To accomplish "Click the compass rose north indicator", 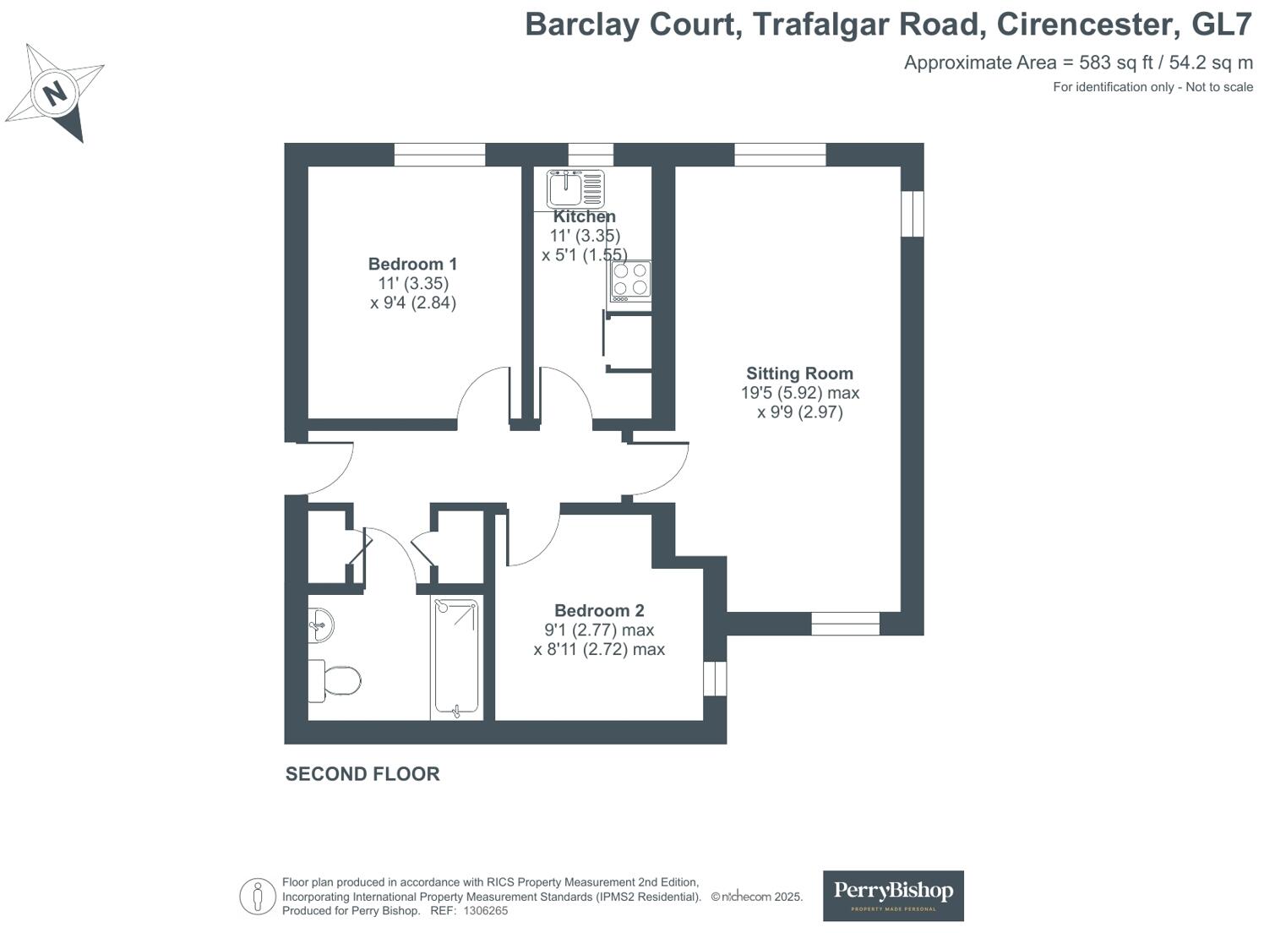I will [x=55, y=92].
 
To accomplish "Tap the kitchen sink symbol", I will [x=575, y=188].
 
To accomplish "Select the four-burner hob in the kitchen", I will [x=630, y=281].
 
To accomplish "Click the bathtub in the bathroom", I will [x=456, y=658].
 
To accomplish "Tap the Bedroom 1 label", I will [x=412, y=264].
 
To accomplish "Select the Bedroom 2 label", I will [x=599, y=610].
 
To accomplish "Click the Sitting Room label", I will [x=799, y=374].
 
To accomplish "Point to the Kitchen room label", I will [x=584, y=216].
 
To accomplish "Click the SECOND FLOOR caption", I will [x=362, y=774].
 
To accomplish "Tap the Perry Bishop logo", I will [x=893, y=895].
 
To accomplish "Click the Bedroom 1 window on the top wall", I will [x=439, y=155].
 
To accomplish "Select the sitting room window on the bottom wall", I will [x=845, y=624].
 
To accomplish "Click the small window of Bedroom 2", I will [x=715, y=678].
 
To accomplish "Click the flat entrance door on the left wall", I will [x=321, y=469].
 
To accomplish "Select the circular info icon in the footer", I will [x=257, y=897].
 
